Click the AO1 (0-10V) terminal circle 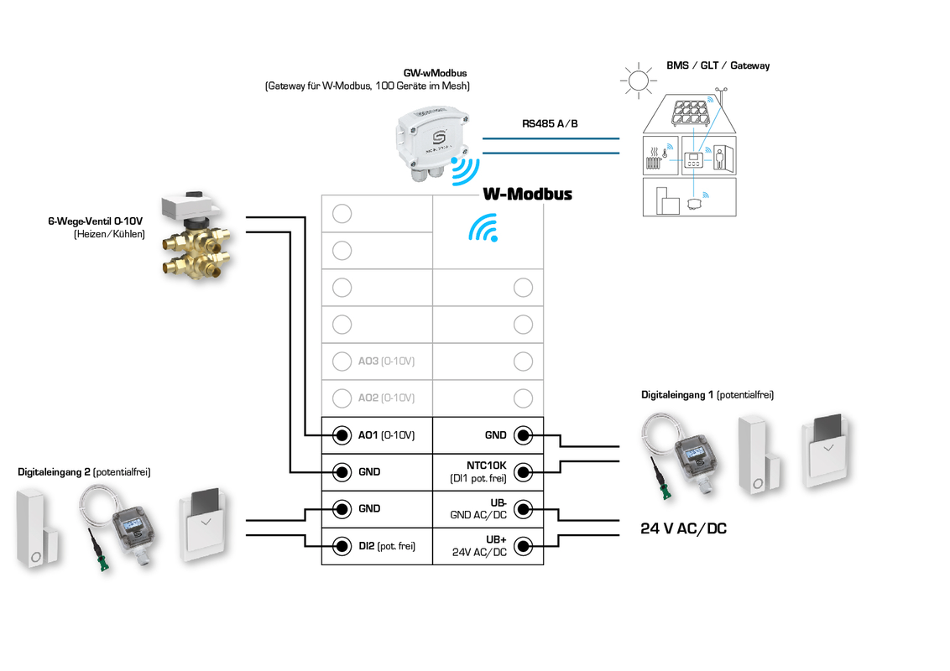(x=342, y=435)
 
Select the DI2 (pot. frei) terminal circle (x=342, y=546)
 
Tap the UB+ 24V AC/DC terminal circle (x=523, y=546)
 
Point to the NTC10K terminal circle (x=523, y=472)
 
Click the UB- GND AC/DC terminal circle (x=523, y=509)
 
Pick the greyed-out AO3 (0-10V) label (x=386, y=362)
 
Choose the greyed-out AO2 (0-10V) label (x=386, y=398)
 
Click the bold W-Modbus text (x=527, y=194)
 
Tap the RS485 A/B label (x=550, y=124)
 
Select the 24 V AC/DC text (x=683, y=529)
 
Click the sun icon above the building (x=637, y=81)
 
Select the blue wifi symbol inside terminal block (x=483, y=227)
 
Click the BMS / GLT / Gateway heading (x=718, y=65)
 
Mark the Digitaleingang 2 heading (x=84, y=472)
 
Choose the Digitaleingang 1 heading (x=707, y=394)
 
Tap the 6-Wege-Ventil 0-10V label (x=95, y=221)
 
